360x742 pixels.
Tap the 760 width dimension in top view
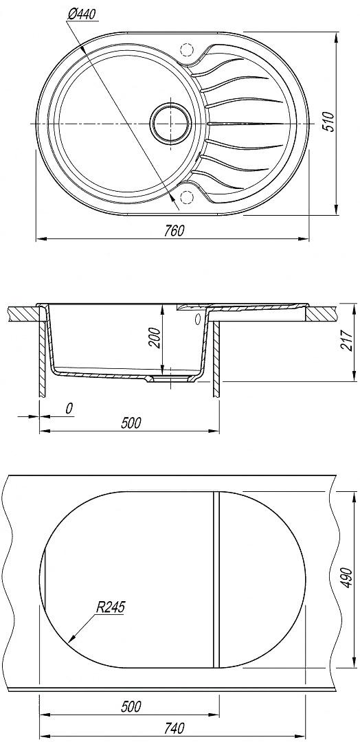click(x=175, y=231)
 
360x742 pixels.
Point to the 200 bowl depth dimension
click(x=156, y=337)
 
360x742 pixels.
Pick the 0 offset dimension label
click(x=69, y=408)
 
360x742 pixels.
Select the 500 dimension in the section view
click(x=131, y=423)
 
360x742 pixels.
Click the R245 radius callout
click(x=110, y=607)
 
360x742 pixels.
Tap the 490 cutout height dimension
click(x=348, y=577)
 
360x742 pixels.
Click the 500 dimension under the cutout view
click(x=131, y=707)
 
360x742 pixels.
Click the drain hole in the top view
click(x=171, y=123)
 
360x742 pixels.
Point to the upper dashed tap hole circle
click(x=187, y=50)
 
